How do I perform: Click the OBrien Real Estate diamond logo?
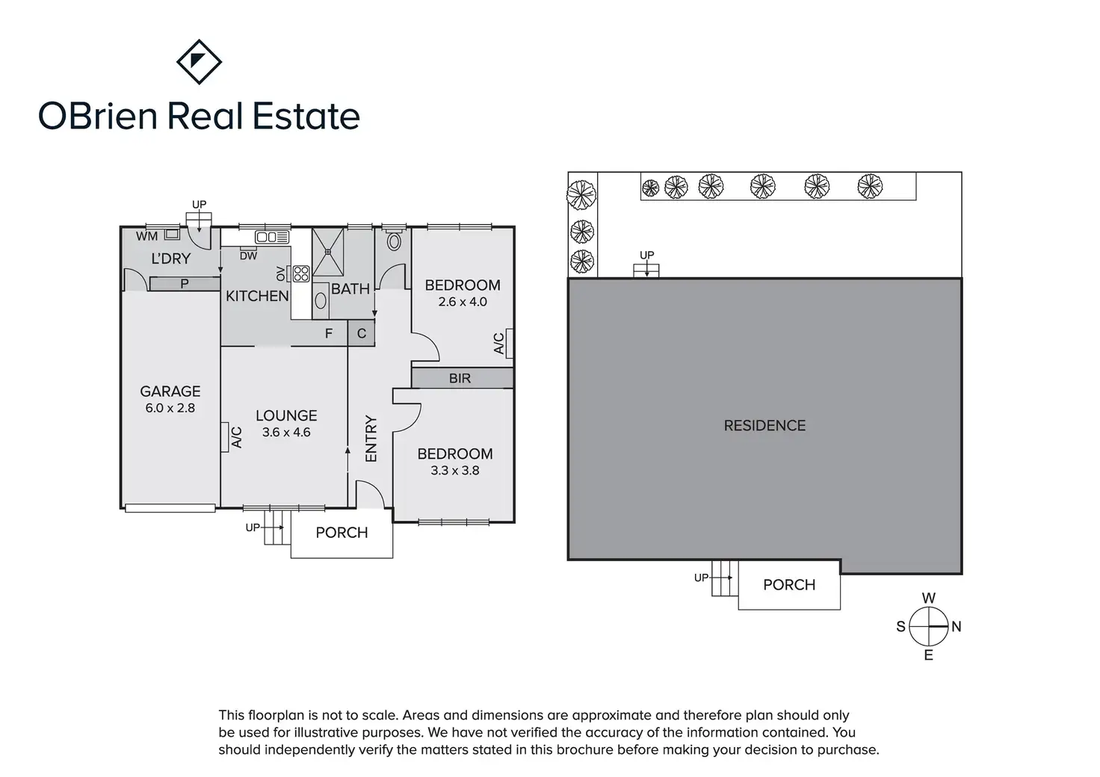point(199,62)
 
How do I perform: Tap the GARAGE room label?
point(170,391)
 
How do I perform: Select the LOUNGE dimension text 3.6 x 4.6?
point(286,433)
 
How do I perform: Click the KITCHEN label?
point(257,296)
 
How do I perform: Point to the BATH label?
point(350,288)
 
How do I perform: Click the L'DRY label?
point(171,259)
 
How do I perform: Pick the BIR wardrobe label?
point(460,378)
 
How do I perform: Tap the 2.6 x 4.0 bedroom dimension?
point(463,302)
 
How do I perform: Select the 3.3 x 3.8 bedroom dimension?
point(455,471)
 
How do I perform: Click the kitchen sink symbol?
point(272,238)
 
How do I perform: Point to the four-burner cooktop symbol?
point(301,273)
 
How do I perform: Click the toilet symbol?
point(394,241)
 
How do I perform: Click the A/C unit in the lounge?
point(225,437)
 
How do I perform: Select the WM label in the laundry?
point(146,236)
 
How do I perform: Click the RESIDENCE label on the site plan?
point(764,426)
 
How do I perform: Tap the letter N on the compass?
point(957,627)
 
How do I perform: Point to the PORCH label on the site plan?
point(789,585)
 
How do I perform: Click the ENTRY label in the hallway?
point(371,439)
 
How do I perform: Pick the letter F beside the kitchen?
point(329,333)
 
